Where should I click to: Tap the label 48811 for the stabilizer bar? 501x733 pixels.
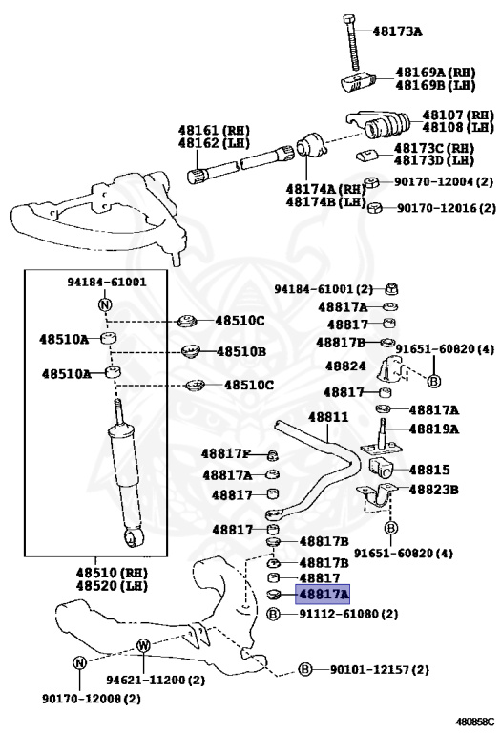point(327,418)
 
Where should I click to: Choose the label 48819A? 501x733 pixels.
point(434,429)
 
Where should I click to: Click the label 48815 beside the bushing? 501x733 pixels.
point(428,470)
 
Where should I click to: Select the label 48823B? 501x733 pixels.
point(434,489)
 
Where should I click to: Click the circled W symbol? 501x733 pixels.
point(143,646)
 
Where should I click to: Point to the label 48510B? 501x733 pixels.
point(240,351)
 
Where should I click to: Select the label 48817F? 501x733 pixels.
point(226,453)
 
